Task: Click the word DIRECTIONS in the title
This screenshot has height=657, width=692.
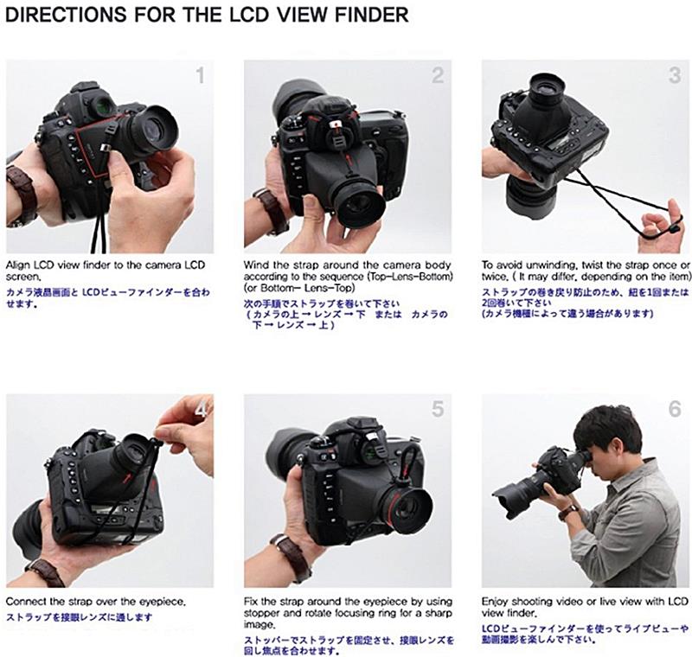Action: pos(67,15)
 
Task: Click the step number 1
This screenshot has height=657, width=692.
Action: pos(201,75)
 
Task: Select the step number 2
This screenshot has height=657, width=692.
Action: pos(438,75)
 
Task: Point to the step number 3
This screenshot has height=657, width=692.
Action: pos(675,75)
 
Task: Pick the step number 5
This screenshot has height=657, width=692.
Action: pos(438,409)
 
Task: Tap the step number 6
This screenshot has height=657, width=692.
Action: pos(675,409)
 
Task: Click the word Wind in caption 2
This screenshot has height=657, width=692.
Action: pos(254,265)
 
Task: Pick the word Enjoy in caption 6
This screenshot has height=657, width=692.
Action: pos(494,602)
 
